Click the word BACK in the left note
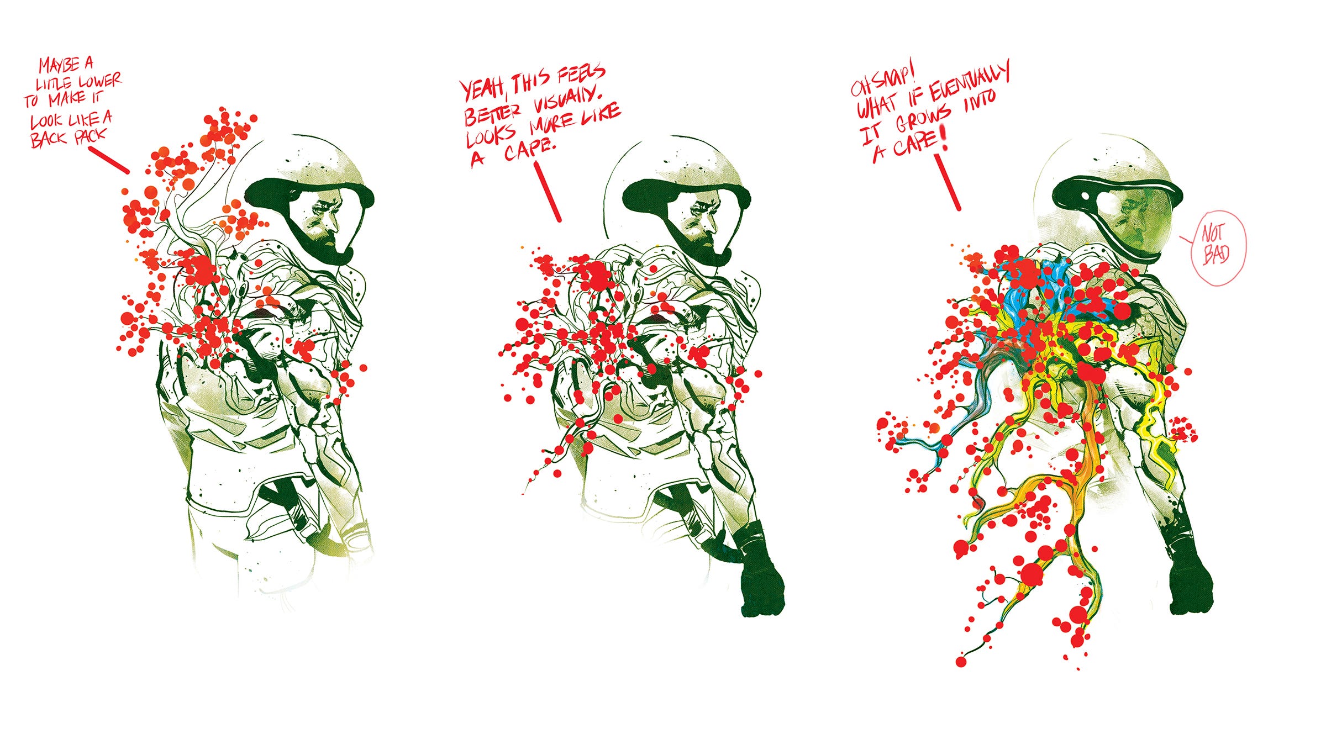(49, 139)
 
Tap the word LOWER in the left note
(99, 82)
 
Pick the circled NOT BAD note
(1218, 248)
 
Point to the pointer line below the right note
(948, 182)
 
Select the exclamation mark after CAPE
(944, 139)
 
